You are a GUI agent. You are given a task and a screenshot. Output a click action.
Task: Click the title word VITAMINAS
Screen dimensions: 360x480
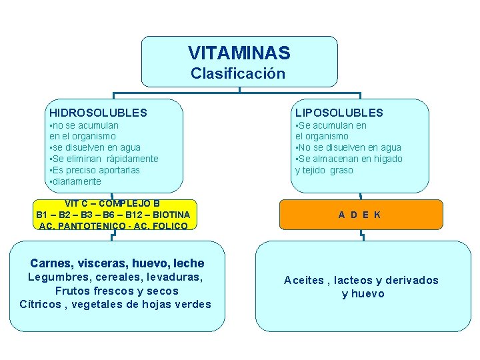click(x=239, y=53)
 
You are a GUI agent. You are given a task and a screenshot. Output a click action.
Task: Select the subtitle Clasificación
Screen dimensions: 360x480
click(x=238, y=73)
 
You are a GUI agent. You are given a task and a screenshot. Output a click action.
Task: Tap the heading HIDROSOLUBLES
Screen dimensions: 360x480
click(x=98, y=113)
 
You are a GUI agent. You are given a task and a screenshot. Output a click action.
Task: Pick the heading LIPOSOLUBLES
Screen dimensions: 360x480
click(x=339, y=113)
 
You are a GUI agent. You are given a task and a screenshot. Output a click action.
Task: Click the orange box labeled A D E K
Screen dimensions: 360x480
click(x=359, y=215)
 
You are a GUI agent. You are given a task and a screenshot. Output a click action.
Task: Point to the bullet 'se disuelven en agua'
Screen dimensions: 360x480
click(x=95, y=147)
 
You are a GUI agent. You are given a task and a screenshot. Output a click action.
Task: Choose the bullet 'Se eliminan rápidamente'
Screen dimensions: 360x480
click(x=104, y=159)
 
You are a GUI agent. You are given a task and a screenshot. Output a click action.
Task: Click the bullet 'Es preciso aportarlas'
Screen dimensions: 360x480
click(x=95, y=170)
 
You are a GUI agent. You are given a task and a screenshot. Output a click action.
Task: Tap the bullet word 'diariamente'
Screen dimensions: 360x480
click(x=75, y=181)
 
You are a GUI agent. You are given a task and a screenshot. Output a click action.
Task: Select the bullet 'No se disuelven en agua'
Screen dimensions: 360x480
click(x=348, y=147)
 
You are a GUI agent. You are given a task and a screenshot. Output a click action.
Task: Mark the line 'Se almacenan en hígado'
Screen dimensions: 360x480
click(x=349, y=159)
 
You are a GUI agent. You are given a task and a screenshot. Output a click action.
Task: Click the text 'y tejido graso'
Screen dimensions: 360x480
click(x=324, y=170)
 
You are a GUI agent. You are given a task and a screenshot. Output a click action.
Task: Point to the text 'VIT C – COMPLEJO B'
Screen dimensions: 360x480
click(x=112, y=203)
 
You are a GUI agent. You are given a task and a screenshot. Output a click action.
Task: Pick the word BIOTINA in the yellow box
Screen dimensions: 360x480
click(x=171, y=215)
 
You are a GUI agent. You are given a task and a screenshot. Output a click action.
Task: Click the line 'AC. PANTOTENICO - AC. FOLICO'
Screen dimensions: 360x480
click(x=113, y=226)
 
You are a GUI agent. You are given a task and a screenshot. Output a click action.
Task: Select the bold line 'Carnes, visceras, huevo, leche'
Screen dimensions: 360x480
click(x=117, y=263)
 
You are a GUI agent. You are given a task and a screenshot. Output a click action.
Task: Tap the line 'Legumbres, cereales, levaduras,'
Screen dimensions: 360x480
click(x=115, y=277)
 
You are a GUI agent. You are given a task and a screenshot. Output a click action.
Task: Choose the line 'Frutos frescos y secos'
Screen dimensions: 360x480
click(x=117, y=291)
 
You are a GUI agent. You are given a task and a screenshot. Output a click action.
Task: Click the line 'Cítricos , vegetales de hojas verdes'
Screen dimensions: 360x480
click(x=115, y=305)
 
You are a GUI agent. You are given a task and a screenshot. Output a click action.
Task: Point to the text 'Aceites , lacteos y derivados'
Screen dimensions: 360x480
click(x=361, y=280)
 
